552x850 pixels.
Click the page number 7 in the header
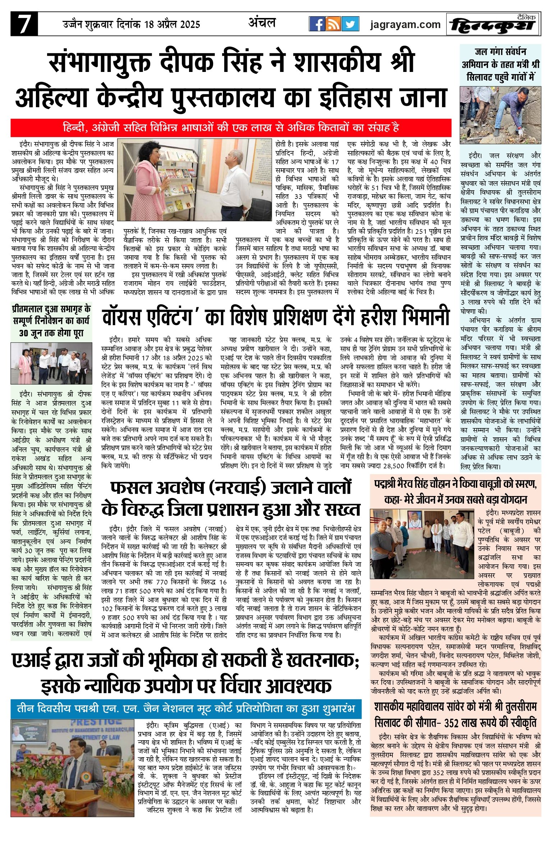coord(24,24)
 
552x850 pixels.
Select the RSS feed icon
coord(333,24)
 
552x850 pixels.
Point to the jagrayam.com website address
coord(405,24)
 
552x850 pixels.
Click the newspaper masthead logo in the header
coord(493,25)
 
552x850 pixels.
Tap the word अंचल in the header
coord(262,23)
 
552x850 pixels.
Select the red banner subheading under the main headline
coord(231,128)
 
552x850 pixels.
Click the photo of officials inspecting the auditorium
coord(51,363)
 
